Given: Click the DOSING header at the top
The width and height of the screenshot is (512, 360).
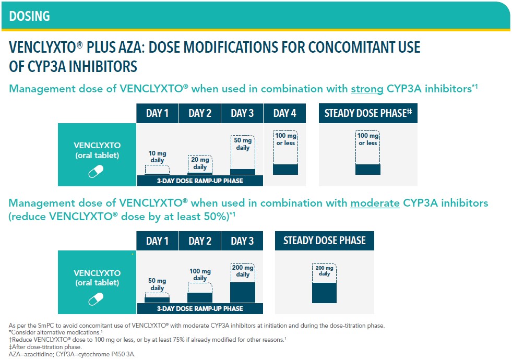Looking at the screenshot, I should (29, 16).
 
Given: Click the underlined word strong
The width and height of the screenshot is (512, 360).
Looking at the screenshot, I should (367, 89).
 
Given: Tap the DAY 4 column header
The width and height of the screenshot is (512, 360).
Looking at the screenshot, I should (285, 113).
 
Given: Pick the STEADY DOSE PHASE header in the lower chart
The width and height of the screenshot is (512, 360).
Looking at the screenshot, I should (325, 241).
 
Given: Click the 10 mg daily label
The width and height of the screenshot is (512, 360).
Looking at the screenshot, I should (157, 157).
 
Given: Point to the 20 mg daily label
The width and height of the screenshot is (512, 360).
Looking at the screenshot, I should (200, 164).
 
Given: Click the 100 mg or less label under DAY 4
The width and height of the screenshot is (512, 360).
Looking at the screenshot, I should (285, 139).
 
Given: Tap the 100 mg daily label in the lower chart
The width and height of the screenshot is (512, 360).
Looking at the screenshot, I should (200, 275).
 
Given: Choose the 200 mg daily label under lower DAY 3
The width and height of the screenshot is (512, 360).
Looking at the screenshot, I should (243, 271).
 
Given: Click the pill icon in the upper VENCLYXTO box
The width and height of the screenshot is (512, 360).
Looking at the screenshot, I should (96, 171).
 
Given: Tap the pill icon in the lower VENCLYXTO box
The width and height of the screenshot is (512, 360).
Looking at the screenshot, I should (96, 298).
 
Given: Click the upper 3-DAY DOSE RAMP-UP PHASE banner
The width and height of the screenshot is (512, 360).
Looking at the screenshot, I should (200, 182).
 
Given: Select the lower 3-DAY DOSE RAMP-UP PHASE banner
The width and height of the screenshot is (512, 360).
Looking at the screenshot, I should (200, 308).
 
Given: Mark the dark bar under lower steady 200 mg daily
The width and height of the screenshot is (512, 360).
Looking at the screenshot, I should (324, 292).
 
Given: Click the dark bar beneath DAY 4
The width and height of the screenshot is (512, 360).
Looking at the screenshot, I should (285, 169).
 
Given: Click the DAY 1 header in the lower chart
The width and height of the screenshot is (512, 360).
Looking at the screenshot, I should (157, 241).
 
